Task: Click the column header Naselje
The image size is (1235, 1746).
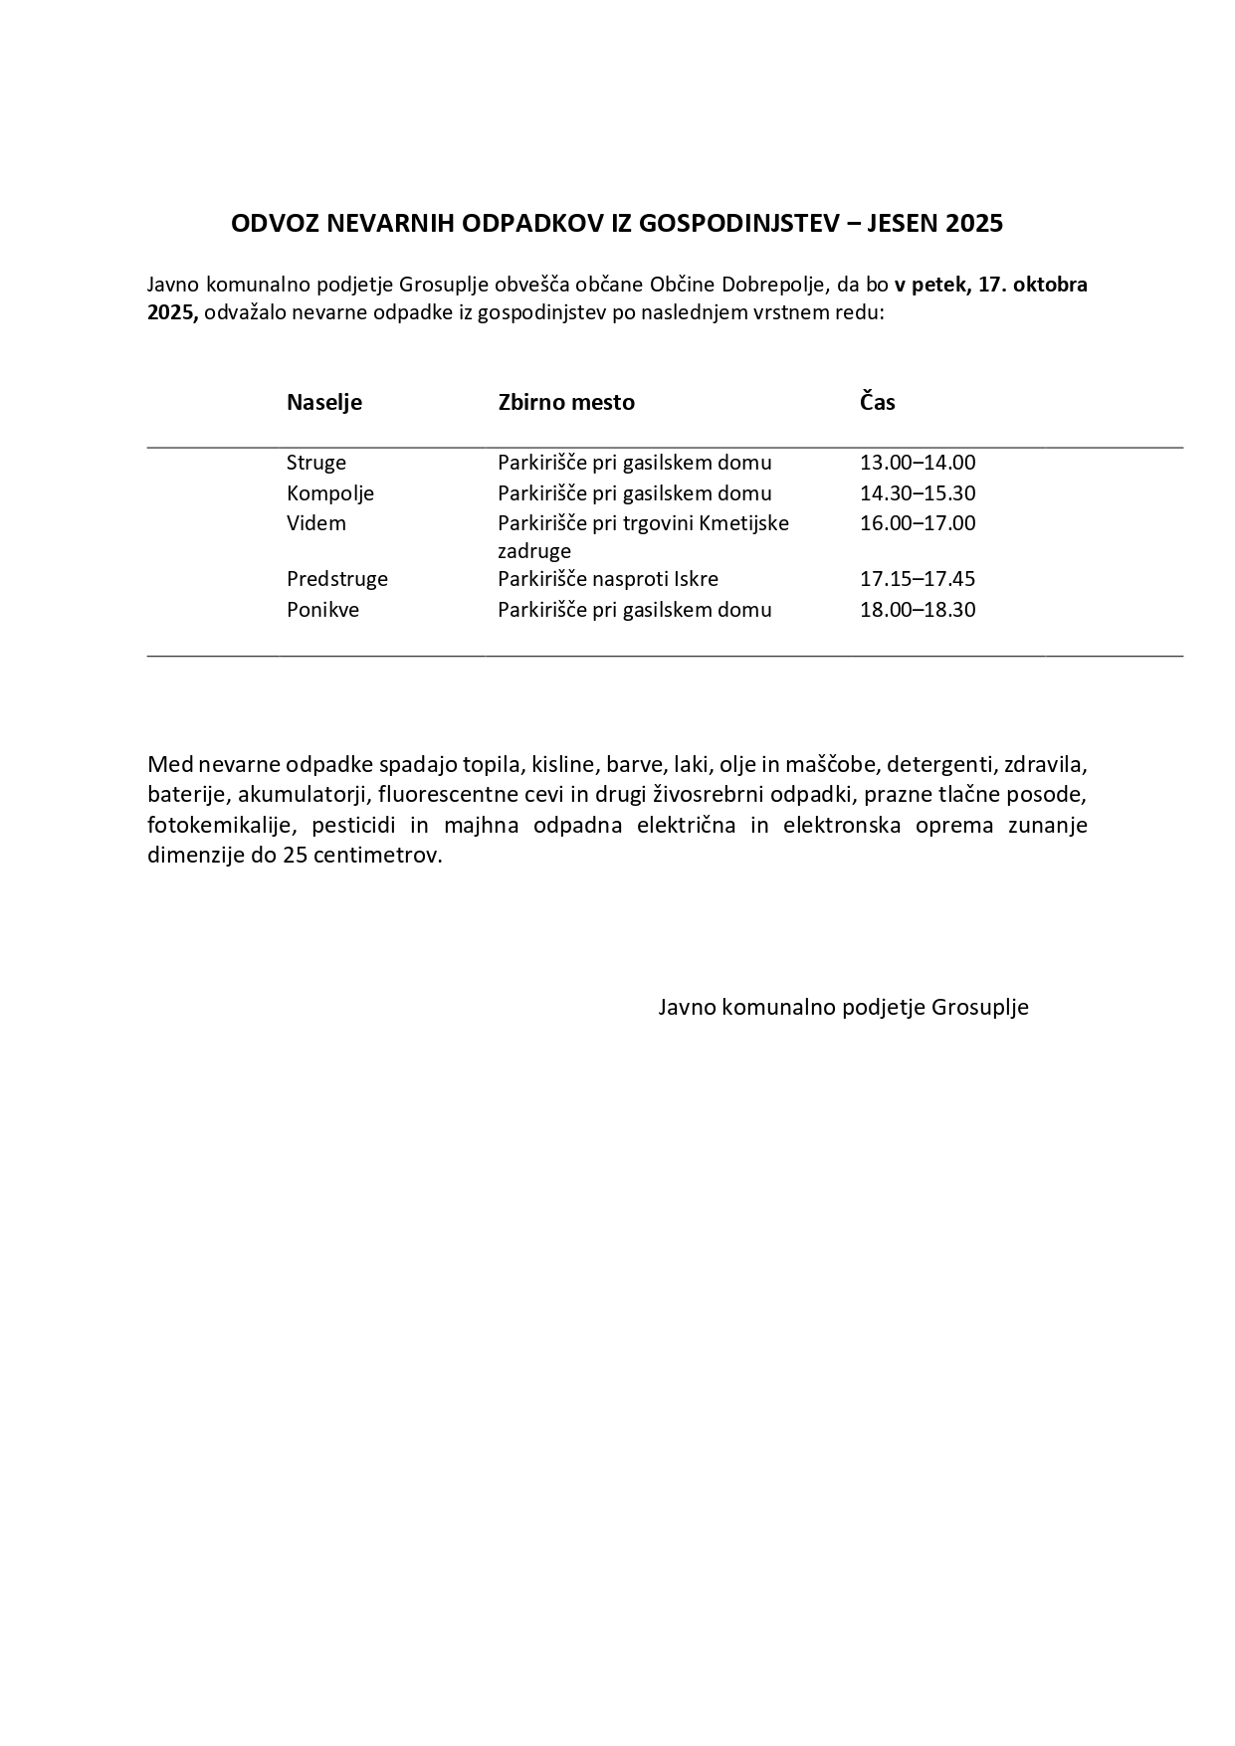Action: point(323,402)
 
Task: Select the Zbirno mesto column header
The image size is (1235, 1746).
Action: point(565,402)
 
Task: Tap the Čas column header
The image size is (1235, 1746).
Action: point(877,402)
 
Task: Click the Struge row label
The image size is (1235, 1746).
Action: point(315,463)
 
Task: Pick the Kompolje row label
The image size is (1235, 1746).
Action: point(329,493)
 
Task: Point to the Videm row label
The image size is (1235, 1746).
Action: point(315,523)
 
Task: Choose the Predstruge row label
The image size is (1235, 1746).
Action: point(336,579)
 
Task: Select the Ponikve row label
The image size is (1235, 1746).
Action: point(322,610)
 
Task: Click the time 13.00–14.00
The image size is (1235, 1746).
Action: point(917,463)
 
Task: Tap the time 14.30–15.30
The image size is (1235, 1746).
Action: point(917,493)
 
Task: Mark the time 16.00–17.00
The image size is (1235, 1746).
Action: point(917,523)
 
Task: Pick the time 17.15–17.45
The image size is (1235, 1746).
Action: point(917,579)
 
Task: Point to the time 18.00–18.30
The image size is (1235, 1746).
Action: point(917,610)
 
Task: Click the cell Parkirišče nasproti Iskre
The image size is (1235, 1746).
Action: point(607,579)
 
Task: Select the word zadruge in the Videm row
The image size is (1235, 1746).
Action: point(533,551)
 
